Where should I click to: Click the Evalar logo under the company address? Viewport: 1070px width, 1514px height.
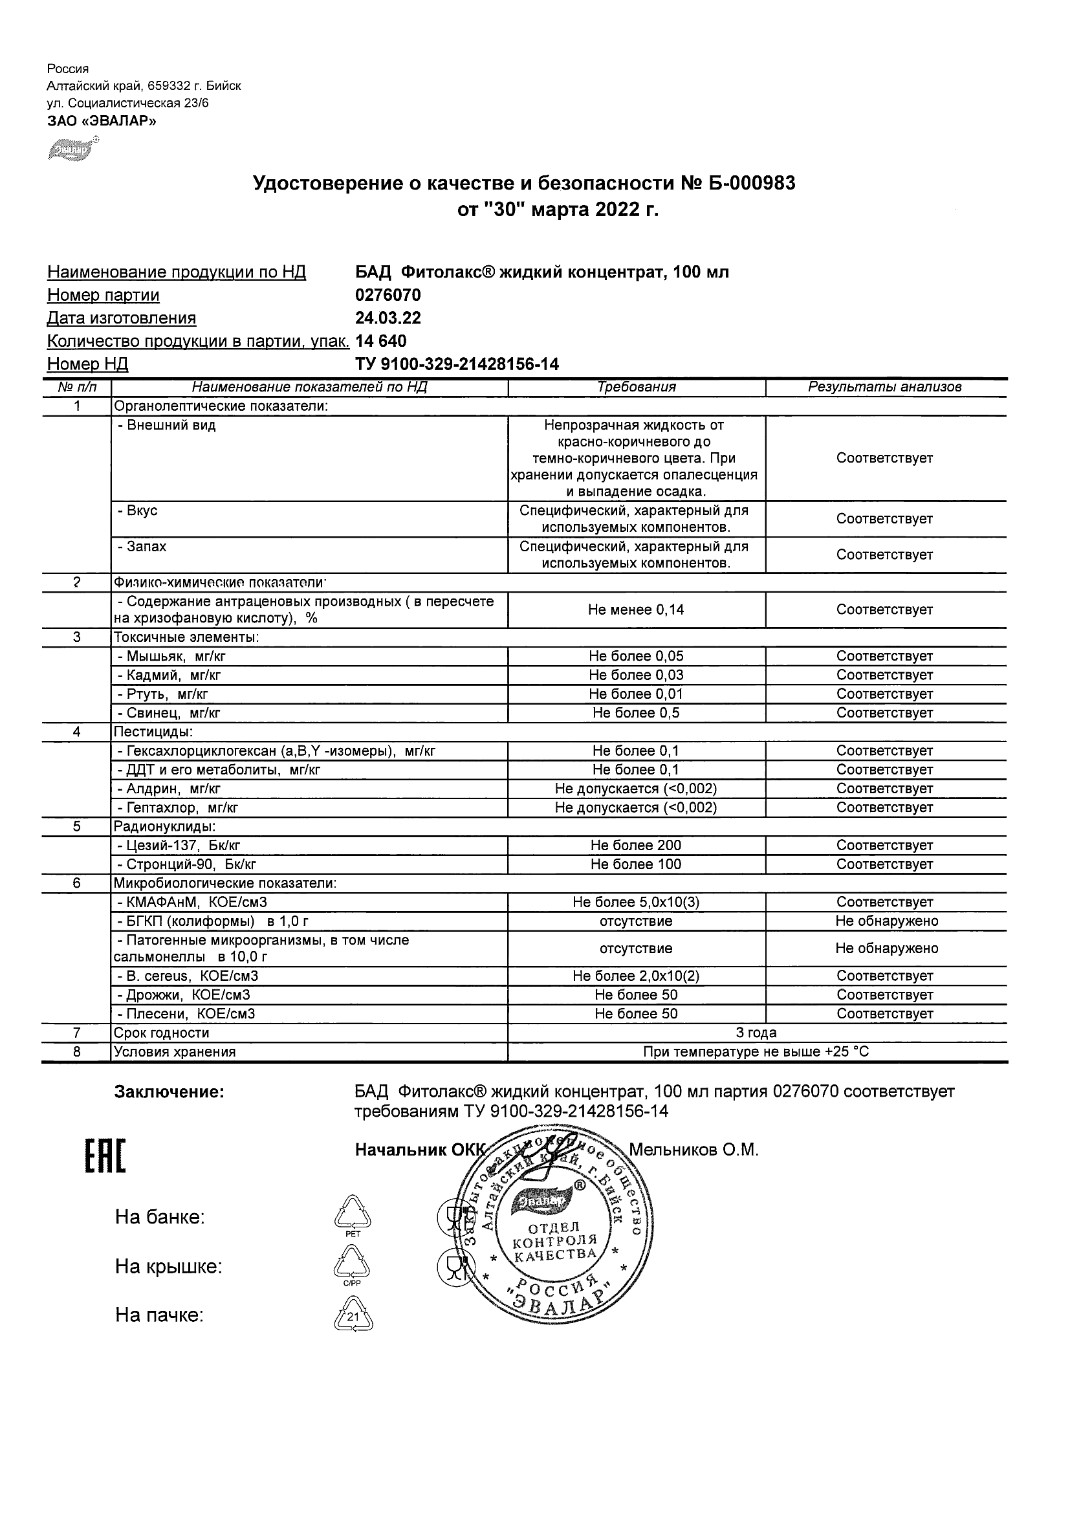72,149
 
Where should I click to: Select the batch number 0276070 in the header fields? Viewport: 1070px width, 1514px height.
388,296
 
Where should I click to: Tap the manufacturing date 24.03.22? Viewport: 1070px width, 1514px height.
388,318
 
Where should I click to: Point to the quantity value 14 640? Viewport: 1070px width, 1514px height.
380,342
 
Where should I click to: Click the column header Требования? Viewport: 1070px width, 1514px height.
636,388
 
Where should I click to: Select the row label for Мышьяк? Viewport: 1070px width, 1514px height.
171,656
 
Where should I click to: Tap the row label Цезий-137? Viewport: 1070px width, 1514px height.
182,846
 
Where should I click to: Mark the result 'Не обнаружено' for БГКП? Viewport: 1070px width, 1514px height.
886,921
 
